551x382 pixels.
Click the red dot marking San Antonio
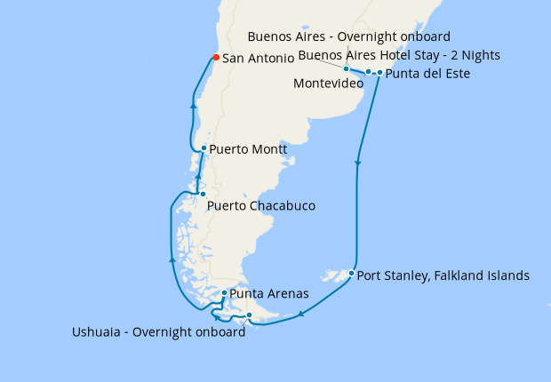tap(215, 59)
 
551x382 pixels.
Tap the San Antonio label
tap(259, 59)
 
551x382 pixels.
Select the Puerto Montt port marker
tap(204, 148)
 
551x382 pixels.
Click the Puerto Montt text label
tap(248, 149)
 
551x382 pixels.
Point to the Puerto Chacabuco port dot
tap(203, 194)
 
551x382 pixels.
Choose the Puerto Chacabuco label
tap(260, 206)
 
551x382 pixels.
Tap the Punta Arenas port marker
tap(224, 292)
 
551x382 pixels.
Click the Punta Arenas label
tap(269, 293)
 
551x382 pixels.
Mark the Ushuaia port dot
tap(249, 315)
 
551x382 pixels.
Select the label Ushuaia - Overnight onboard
tap(158, 333)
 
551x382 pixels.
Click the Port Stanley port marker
tap(352, 273)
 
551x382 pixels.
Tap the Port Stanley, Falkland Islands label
tap(443, 275)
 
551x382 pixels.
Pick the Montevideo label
tap(327, 84)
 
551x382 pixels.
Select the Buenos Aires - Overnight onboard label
tap(349, 36)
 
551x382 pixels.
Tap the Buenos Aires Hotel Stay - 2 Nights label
tap(399, 55)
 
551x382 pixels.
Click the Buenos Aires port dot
tap(347, 68)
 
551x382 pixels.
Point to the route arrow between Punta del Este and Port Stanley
tap(358, 163)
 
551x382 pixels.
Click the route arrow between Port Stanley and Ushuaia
tap(302, 313)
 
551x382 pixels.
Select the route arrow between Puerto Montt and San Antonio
tap(193, 105)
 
